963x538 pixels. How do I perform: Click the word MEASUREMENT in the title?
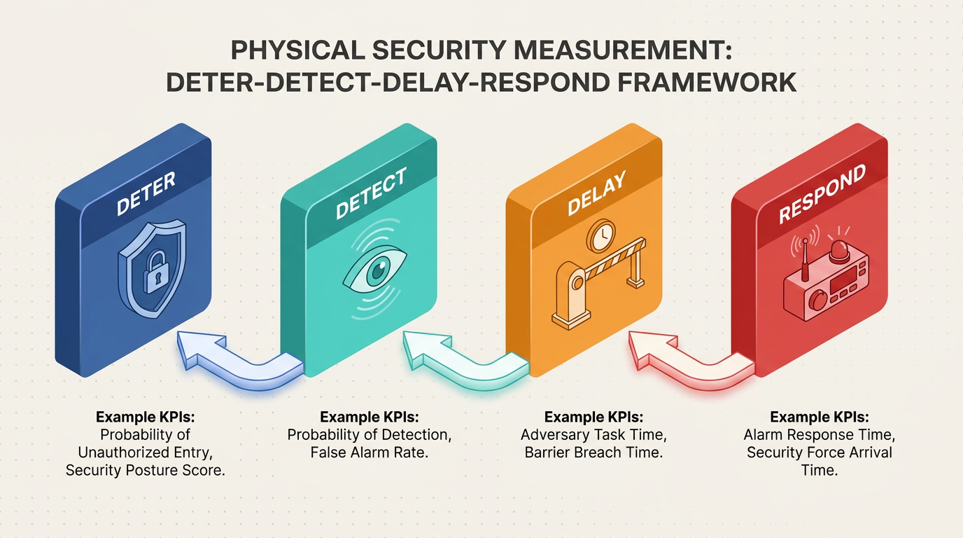pos(622,50)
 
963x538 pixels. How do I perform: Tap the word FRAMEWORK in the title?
pos(707,82)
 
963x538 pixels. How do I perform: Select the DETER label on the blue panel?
pos(146,193)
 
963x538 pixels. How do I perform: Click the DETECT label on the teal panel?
pos(371,193)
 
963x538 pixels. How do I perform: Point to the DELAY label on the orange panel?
pos(597,193)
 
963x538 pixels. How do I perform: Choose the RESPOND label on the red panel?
pos(822,193)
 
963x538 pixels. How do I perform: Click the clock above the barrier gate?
pos(601,236)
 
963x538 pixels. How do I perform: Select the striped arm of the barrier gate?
pos(614,263)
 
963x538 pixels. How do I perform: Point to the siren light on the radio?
pos(841,251)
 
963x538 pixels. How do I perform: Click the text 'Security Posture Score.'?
pos(146,470)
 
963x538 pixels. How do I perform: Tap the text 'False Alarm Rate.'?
pos(370,453)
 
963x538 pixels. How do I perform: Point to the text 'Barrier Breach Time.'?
pos(593,453)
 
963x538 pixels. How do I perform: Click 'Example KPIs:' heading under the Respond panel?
pos(820,417)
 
